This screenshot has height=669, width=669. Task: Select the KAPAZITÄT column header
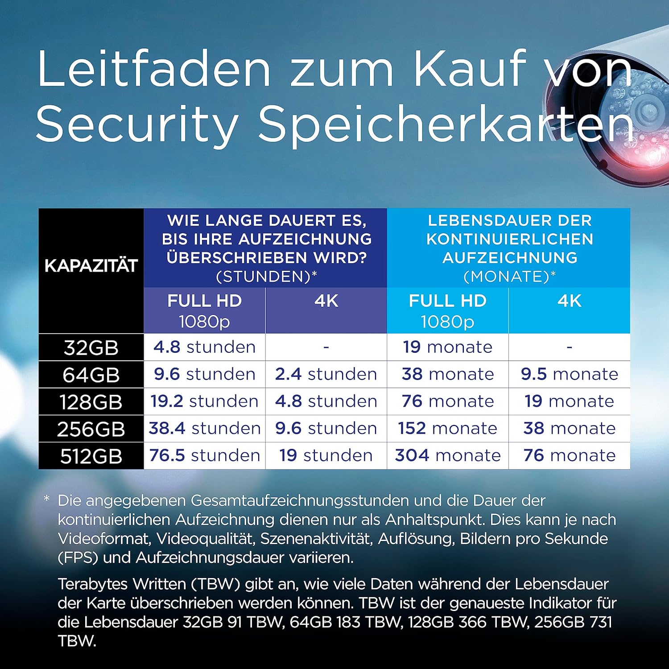pyautogui.click(x=91, y=266)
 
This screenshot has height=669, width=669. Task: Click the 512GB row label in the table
pyautogui.click(x=91, y=456)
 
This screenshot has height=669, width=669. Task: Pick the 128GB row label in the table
pyautogui.click(x=91, y=402)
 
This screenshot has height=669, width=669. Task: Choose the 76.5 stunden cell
pyautogui.click(x=204, y=455)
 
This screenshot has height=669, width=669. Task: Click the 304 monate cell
pyautogui.click(x=448, y=455)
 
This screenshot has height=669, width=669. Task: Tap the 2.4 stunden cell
pyautogui.click(x=326, y=374)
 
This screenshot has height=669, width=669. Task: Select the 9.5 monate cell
pyautogui.click(x=570, y=374)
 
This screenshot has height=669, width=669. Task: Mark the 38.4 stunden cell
pyautogui.click(x=204, y=429)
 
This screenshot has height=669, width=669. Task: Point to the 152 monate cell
pyautogui.click(x=448, y=429)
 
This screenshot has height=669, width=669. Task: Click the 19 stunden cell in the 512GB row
pyautogui.click(x=326, y=455)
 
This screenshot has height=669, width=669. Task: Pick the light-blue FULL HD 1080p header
pyautogui.click(x=448, y=310)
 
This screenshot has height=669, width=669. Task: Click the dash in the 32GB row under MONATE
pyautogui.click(x=570, y=347)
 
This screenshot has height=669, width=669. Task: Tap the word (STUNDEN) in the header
pyautogui.click(x=263, y=277)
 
